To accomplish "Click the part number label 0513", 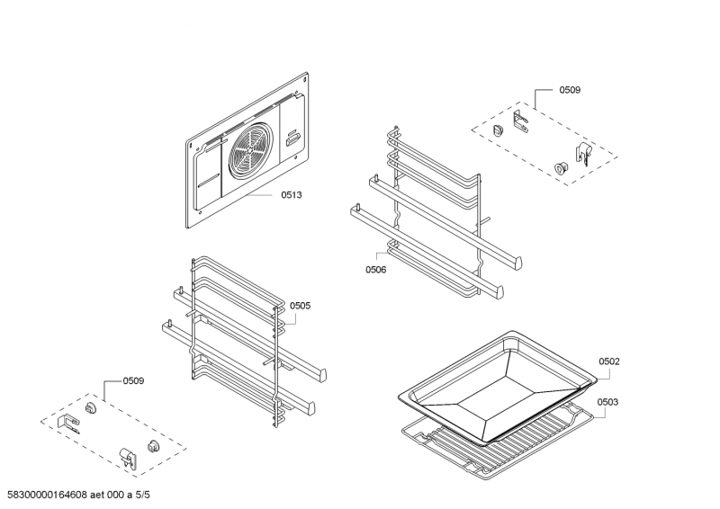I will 291,195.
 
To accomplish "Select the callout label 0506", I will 375,269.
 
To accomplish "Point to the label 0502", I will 608,362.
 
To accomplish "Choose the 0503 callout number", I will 608,402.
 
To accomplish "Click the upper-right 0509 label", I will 570,90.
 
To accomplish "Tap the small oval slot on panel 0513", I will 292,139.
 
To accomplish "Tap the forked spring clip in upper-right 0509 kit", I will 520,120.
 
